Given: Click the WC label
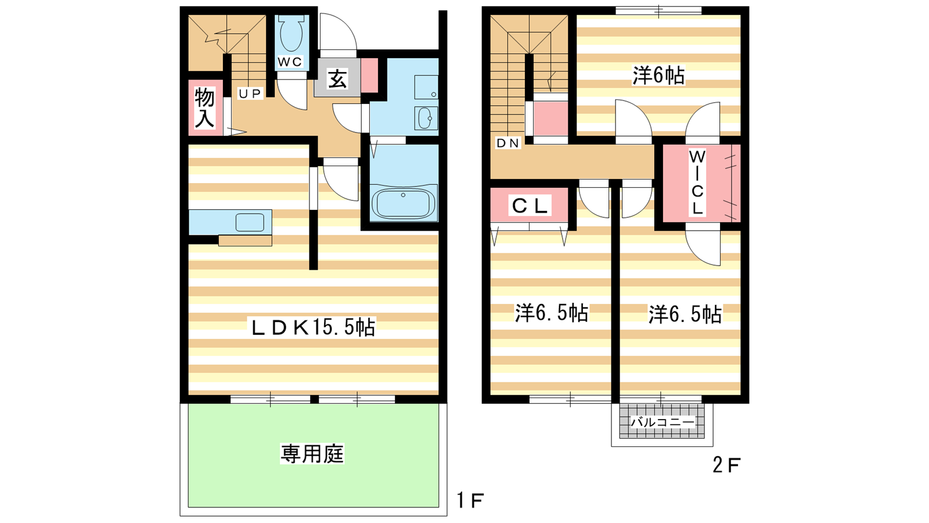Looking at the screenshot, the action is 290,62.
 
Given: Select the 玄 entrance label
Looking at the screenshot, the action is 337,78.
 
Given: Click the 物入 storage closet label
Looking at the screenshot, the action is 204,108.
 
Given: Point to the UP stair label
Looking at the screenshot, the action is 250,94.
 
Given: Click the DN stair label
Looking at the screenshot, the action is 508,143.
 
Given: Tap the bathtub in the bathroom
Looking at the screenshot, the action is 404,203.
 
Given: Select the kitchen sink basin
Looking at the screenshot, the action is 250,223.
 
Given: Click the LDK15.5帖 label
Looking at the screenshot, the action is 314,328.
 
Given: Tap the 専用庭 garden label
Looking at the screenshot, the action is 312,453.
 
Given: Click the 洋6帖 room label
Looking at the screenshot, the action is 658,76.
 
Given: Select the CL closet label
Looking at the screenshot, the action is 530,206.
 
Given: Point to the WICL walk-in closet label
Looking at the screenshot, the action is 697,182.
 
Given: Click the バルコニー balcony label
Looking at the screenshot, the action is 662,422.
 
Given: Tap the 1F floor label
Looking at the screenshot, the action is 470,500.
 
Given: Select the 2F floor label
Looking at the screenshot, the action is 726,465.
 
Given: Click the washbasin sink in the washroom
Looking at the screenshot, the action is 426,119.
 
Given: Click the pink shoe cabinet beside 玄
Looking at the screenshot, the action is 369,75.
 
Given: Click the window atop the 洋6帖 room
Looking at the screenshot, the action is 658,10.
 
